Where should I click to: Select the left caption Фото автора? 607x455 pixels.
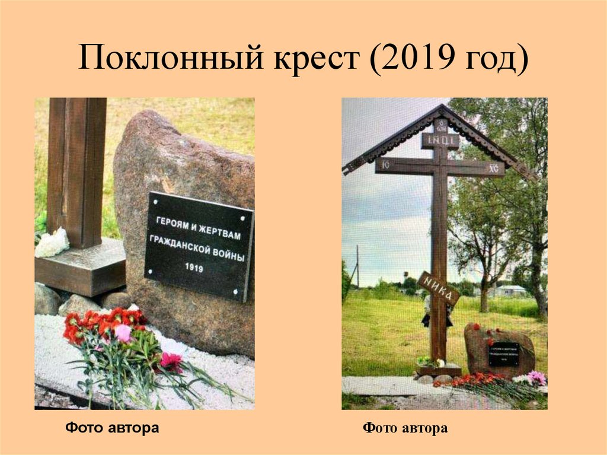pos(112,427)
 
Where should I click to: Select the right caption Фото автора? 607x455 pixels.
pos(405,428)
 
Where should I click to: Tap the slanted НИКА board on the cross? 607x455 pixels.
pos(439,288)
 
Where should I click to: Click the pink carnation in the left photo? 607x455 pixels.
pos(123,333)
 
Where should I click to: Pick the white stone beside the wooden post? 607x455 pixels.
pos(52,243)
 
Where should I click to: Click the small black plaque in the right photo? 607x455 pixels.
pos(503,354)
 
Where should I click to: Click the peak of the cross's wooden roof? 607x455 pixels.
pos(442,107)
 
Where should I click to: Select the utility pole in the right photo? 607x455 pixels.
pos(357,267)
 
